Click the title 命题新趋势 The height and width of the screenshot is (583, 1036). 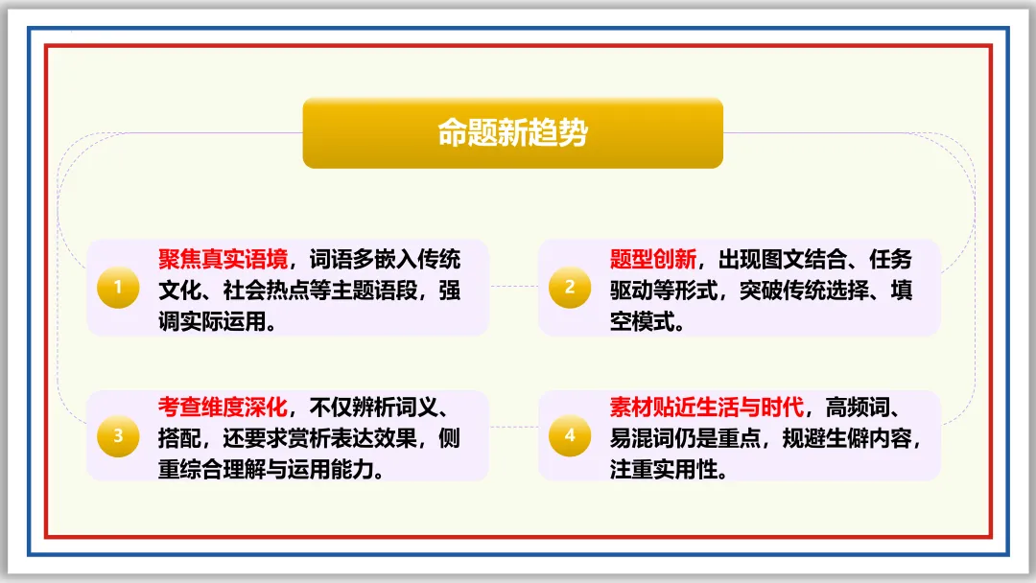coord(512,133)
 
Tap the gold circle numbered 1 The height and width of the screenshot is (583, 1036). coord(118,288)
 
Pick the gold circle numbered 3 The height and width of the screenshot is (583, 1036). coord(118,436)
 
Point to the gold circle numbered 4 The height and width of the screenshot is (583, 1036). coord(570,436)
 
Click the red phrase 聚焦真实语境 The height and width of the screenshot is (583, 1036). coord(223,260)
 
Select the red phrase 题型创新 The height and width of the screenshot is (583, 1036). coord(652,260)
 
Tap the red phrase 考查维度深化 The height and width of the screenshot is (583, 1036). coord(223,407)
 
